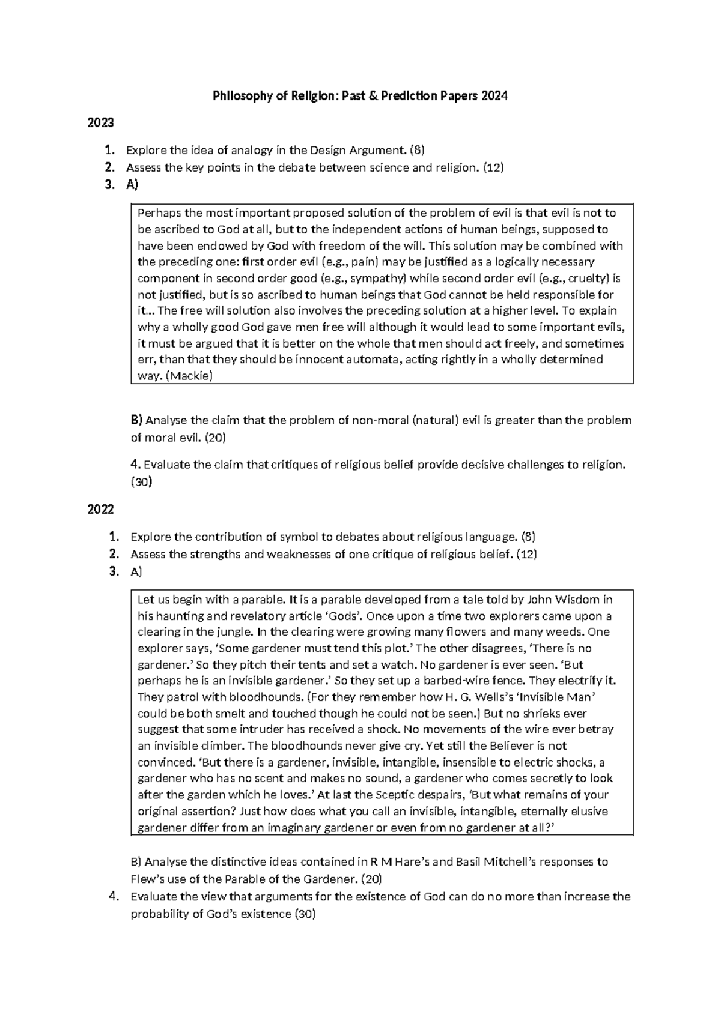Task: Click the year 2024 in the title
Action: click(x=494, y=96)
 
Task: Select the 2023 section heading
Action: click(x=100, y=123)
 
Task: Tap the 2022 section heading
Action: click(x=100, y=510)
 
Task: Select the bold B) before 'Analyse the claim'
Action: click(x=137, y=420)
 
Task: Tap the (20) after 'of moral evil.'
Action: click(x=215, y=438)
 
